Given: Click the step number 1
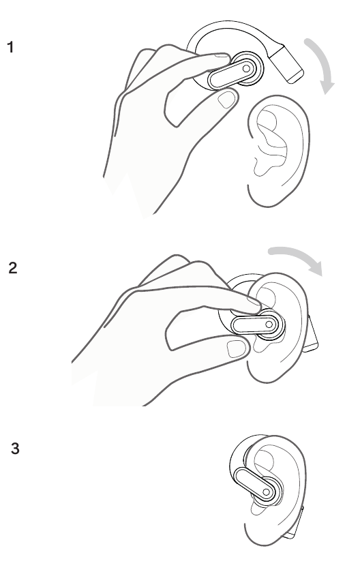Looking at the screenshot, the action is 11,47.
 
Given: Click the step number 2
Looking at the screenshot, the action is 13,268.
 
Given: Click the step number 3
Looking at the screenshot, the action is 15,449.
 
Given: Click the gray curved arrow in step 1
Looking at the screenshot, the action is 322,62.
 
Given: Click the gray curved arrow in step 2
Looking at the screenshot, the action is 299,256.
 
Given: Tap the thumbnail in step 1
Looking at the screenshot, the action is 226,100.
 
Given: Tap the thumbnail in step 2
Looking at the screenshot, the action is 236,349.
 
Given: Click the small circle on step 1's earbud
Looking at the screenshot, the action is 246,68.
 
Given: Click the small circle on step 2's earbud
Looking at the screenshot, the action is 269,324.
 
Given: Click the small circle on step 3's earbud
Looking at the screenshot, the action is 266,492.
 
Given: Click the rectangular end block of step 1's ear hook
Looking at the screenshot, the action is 288,64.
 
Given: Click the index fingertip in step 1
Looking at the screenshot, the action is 223,59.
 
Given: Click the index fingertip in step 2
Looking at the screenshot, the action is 254,305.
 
